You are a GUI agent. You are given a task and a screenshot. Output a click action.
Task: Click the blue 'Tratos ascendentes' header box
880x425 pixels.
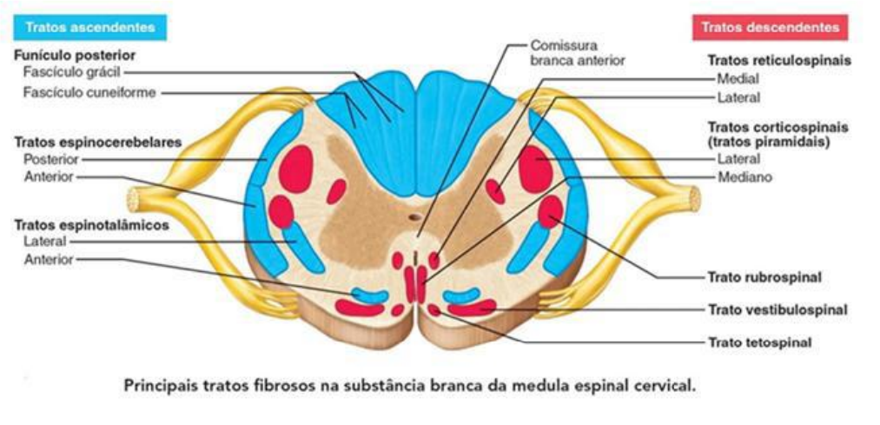click(89, 28)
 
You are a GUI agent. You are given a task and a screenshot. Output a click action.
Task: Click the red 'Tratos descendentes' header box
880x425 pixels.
click(770, 28)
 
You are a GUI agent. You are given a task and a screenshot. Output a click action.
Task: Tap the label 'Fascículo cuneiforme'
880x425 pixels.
click(89, 92)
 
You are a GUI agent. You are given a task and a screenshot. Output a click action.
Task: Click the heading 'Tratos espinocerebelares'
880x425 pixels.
click(84, 142)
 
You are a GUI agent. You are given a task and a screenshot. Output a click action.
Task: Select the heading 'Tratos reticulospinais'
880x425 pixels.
click(778, 62)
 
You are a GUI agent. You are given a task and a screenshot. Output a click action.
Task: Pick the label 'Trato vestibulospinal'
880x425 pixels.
click(777, 309)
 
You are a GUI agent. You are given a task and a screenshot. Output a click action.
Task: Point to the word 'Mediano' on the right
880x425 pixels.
click(739, 176)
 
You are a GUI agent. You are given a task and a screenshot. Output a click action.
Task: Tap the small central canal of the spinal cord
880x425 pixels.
click(416, 218)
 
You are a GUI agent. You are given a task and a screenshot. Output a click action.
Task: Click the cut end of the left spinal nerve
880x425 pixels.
click(133, 200)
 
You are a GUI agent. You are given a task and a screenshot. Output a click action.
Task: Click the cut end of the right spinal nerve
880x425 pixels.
click(695, 200)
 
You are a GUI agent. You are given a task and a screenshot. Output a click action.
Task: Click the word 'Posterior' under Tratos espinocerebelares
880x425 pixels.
click(52, 160)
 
